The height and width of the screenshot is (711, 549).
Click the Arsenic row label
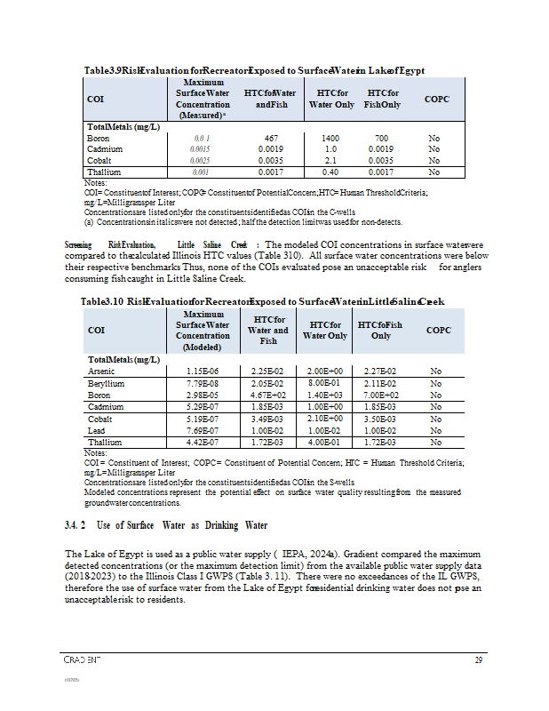[x=100, y=371]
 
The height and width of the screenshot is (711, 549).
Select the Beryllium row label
[x=103, y=382]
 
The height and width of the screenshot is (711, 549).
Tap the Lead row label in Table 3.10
[x=96, y=429]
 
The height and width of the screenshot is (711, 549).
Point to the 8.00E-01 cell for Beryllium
[x=325, y=382]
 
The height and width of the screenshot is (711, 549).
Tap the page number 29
[x=478, y=659]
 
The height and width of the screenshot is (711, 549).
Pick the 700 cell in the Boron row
[x=382, y=139]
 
